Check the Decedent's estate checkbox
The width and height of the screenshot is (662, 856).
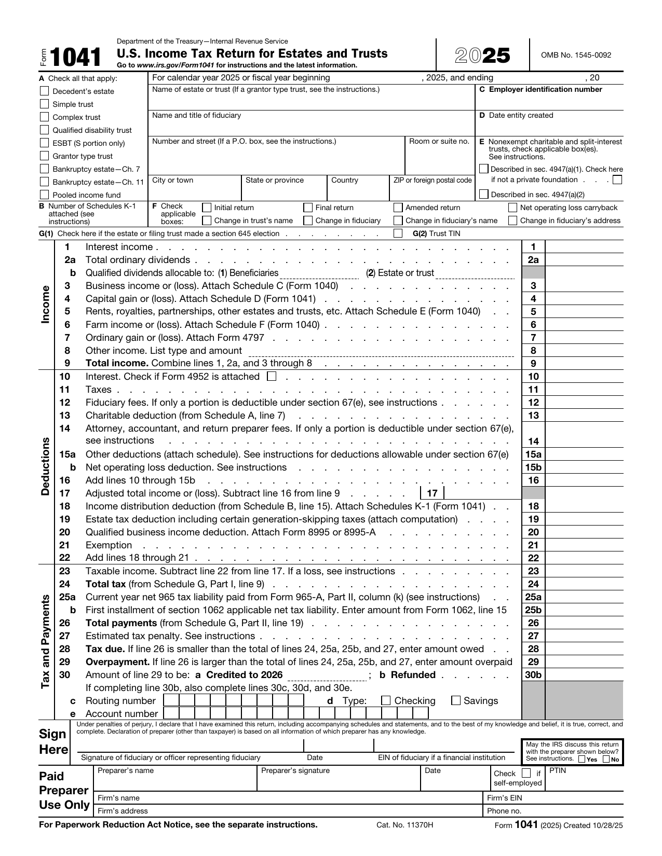coord(45,91)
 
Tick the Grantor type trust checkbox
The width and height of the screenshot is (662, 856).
coord(45,156)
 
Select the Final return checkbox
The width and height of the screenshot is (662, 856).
coord(308,208)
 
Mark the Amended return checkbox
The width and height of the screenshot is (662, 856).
coord(398,208)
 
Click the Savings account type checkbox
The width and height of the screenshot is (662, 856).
coord(456,700)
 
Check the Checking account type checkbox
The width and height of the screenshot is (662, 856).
coord(386,700)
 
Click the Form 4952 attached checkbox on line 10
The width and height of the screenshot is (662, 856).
coord(271,377)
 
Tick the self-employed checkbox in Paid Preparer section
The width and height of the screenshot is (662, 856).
coord(526,774)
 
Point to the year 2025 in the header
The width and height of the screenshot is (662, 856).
coord(482,56)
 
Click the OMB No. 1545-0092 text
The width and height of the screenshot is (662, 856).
coord(576,55)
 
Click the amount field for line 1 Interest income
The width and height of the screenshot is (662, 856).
coord(584,247)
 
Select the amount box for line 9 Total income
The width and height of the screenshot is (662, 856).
coord(584,364)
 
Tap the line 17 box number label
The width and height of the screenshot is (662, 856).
coord(432,493)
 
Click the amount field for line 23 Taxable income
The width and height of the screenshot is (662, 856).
coord(584,571)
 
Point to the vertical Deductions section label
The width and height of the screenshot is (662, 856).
coord(46,466)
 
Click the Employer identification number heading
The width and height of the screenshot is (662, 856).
coord(545,90)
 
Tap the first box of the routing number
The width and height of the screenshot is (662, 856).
coord(171,700)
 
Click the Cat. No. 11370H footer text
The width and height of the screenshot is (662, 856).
coord(404,825)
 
